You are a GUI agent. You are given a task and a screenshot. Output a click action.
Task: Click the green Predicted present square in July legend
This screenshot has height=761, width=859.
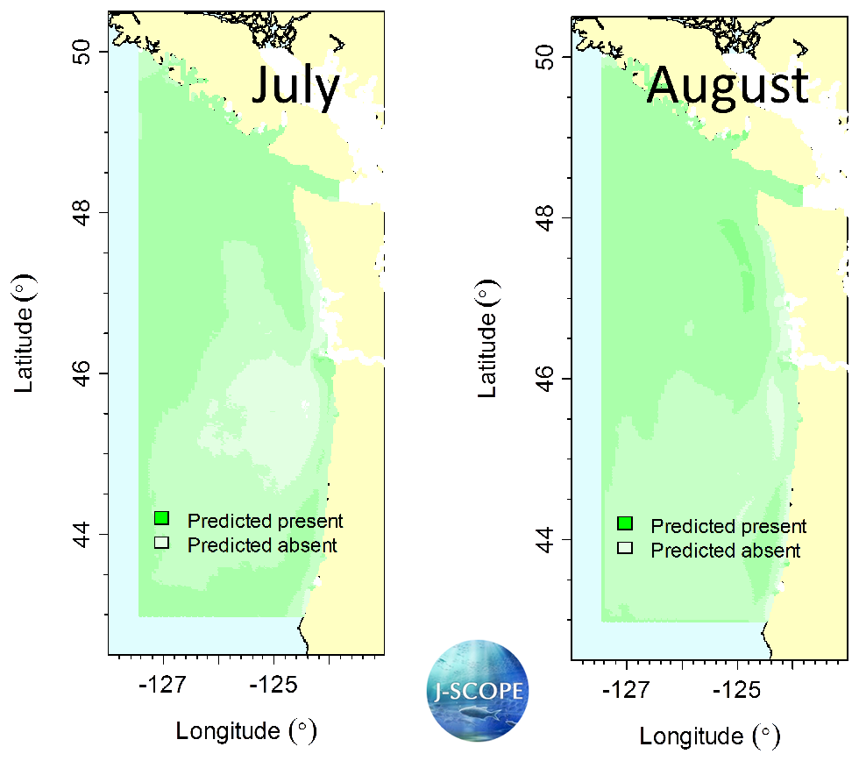pos(161,518)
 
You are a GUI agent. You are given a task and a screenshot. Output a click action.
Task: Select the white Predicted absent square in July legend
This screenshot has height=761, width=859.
pos(161,543)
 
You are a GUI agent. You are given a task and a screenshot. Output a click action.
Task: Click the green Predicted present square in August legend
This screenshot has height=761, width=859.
pos(624,524)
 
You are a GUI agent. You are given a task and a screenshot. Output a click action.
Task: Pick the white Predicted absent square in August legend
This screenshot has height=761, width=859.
pos(624,549)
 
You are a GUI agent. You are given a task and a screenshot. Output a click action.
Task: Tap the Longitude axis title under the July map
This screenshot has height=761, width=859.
pos(245,730)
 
